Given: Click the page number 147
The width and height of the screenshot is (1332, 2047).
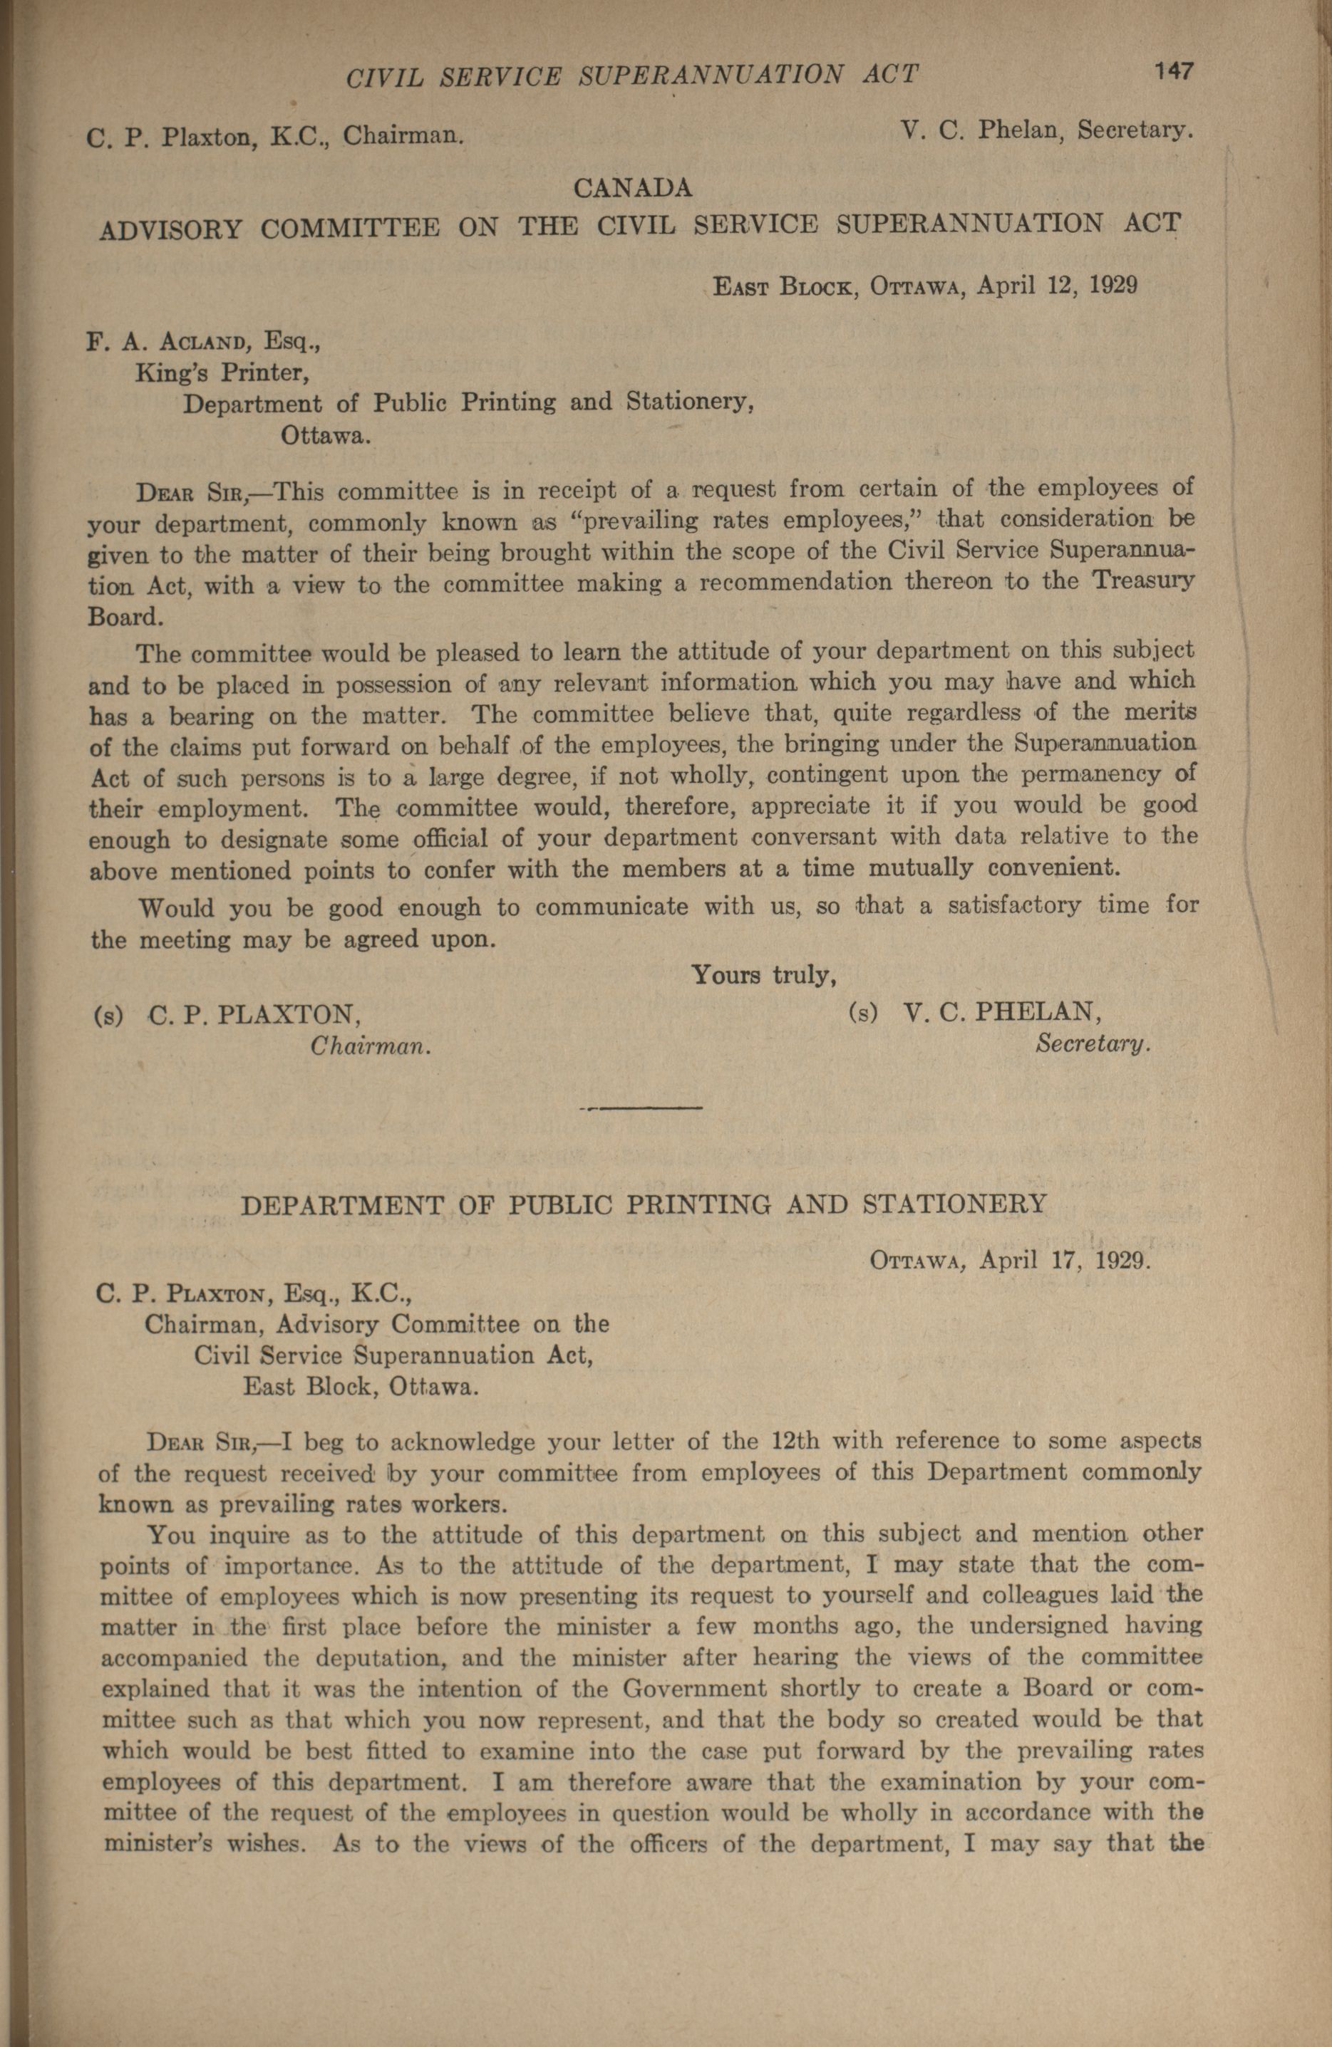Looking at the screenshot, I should click(1174, 71).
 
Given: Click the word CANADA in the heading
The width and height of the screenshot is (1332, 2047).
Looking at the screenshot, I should click(632, 187).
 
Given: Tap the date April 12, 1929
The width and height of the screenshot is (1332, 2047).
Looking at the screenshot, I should click(1058, 286).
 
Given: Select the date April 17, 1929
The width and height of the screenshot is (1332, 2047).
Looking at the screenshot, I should click(1063, 1261).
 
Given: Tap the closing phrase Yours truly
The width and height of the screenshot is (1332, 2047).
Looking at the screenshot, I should click(764, 975).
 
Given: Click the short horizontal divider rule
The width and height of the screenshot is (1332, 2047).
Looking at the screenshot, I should click(642, 1108).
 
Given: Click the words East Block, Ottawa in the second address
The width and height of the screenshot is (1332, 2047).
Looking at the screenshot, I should click(360, 1387).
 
